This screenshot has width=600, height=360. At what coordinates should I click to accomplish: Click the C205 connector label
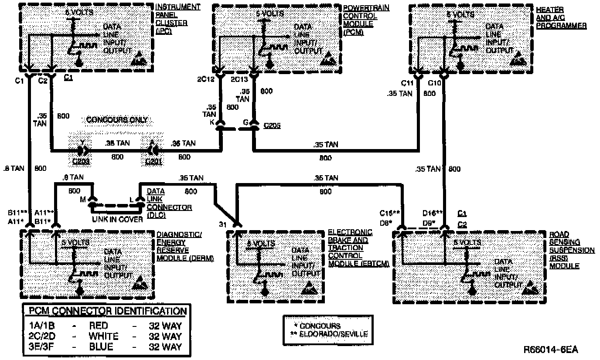coord(272,126)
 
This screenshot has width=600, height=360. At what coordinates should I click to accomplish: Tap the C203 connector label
coord(82,161)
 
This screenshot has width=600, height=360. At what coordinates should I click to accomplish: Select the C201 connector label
coord(153,161)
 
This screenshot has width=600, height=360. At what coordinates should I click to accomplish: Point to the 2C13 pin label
coord(239,80)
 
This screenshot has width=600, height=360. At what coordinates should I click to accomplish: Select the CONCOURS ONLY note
coord(117,119)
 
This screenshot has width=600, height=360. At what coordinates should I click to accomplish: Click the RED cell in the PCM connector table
coord(99,326)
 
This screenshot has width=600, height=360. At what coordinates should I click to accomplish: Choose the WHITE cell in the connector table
coord(103,336)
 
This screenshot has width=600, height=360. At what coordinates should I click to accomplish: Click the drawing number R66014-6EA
coord(551,350)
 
